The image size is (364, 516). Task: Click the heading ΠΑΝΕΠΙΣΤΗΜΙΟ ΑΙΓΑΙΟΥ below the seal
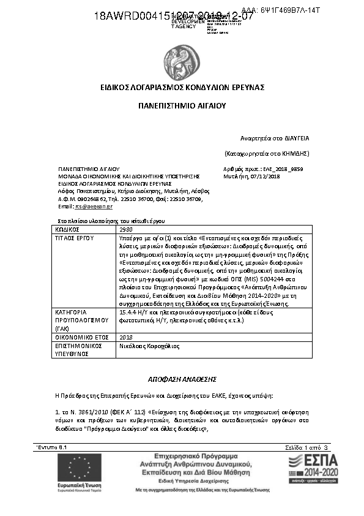point(182,106)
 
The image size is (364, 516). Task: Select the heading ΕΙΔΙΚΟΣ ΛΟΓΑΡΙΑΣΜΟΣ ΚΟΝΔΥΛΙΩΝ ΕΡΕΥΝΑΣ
point(182,88)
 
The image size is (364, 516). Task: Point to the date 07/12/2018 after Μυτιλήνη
point(265,176)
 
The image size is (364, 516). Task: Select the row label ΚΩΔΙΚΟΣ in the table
point(68,229)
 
